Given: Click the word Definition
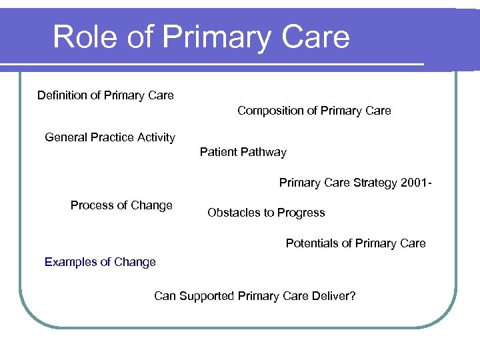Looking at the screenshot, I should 61,95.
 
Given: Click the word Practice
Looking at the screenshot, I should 112,137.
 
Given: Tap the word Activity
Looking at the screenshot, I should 156,137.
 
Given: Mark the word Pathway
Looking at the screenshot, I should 263,152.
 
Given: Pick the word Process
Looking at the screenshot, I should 91,205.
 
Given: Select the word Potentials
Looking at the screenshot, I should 311,243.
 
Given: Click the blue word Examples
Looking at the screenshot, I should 70,262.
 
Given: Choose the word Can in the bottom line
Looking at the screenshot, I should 165,295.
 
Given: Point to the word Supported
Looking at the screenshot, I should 205,295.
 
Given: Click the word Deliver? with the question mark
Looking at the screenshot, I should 333,295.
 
